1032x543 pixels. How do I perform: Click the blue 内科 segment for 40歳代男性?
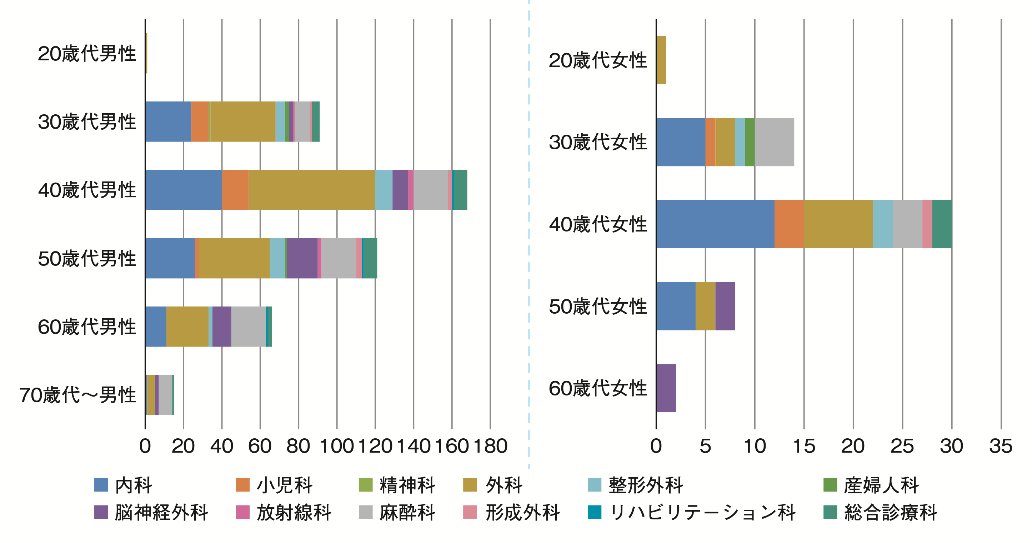(183, 190)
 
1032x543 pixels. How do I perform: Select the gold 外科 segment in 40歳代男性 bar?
(312, 190)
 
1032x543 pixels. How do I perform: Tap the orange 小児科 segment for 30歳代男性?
(200, 121)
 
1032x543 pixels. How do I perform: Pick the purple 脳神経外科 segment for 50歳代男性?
(302, 258)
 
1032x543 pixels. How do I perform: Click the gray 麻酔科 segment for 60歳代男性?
(249, 327)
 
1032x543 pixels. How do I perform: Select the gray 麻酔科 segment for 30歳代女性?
(774, 142)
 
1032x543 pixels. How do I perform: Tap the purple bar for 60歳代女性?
(666, 388)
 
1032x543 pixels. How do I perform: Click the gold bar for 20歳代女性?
(661, 60)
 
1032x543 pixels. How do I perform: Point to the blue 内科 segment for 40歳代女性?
(715, 224)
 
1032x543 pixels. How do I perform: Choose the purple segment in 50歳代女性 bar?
(725, 306)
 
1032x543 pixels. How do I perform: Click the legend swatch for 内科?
(101, 485)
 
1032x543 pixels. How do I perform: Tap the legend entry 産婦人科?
(881, 485)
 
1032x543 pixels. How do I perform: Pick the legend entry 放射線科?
(294, 513)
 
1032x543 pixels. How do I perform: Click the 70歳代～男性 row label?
(78, 395)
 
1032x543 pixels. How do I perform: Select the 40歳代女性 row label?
(598, 224)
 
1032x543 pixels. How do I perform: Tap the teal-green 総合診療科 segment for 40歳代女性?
(942, 224)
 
